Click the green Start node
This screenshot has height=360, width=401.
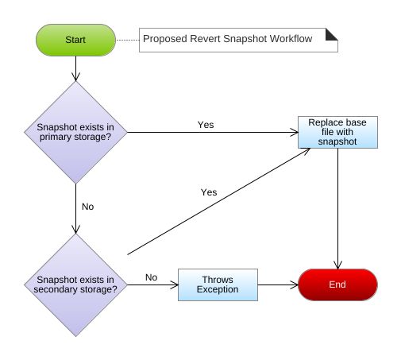pyautogui.click(x=75, y=38)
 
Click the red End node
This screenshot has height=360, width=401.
pyautogui.click(x=337, y=284)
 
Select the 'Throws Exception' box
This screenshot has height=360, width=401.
pyautogui.click(x=218, y=285)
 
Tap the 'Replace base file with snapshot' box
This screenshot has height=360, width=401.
pyautogui.click(x=337, y=133)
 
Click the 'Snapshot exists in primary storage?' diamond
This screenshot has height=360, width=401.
pyautogui.click(x=75, y=133)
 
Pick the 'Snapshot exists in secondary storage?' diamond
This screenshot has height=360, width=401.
pyautogui.click(x=75, y=285)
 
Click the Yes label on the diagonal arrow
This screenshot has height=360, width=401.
pyautogui.click(x=209, y=192)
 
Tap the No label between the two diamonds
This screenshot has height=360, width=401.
pyautogui.click(x=87, y=207)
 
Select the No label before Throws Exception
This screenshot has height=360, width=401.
pyautogui.click(x=151, y=277)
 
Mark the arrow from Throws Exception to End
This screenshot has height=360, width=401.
pyautogui.click(x=278, y=285)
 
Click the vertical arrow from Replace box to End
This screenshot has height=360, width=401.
pyautogui.click(x=339, y=207)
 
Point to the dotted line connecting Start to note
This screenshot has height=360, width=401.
pyautogui.click(x=126, y=38)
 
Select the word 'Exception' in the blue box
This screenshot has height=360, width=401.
pyautogui.click(x=218, y=291)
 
